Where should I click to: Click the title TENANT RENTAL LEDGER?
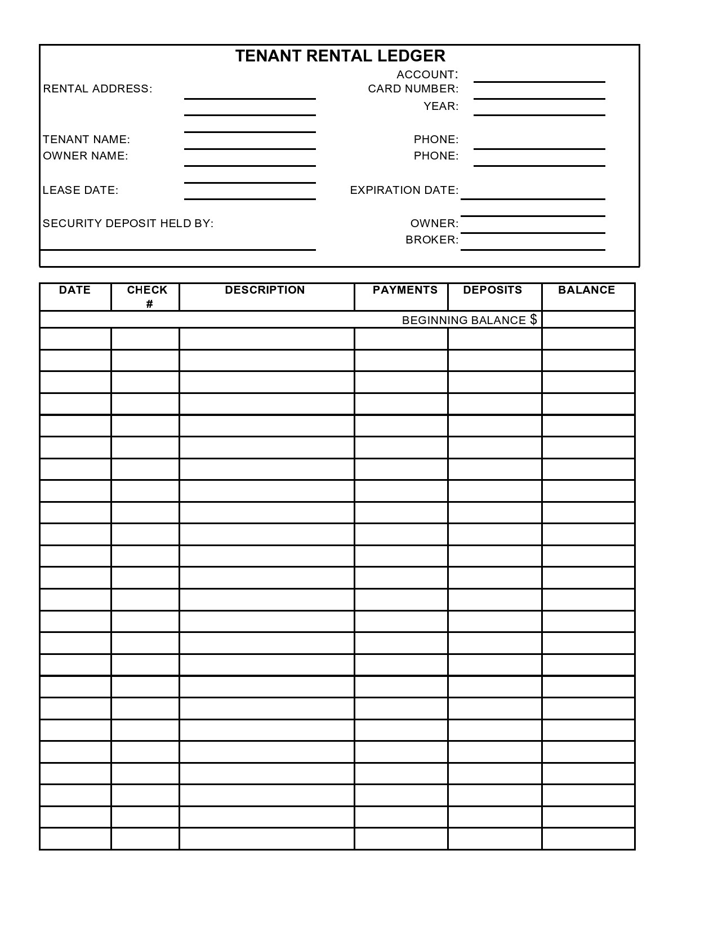pos(340,56)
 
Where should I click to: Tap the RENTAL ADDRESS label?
pos(97,89)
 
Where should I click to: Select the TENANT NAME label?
pos(86,139)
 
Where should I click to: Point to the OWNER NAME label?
pos(86,156)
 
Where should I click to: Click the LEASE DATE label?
pos(81,191)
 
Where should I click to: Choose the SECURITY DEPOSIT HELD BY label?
pos(128,223)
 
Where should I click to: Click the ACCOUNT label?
pos(427,74)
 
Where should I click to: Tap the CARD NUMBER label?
pos(413,89)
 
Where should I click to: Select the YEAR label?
pos(441,107)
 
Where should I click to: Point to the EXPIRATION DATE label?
pos(404,191)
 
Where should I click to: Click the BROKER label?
pos(432,240)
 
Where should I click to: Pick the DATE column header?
pos(75,290)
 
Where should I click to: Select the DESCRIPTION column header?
pos(265,290)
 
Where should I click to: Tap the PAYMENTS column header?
pos(405,290)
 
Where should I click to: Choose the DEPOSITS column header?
pos(492,290)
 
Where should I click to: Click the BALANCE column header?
pos(586,290)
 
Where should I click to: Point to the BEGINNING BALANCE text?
pos(463,321)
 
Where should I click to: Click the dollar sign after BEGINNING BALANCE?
pos(533,320)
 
